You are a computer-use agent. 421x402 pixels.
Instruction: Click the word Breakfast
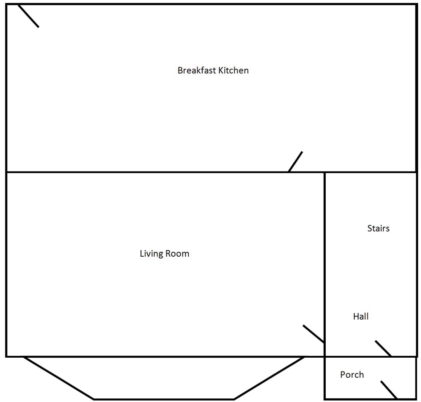pyautogui.click(x=197, y=70)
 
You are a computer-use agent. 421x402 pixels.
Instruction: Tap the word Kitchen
pyautogui.click(x=234, y=70)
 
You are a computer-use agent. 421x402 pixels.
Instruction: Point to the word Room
pyautogui.click(x=177, y=254)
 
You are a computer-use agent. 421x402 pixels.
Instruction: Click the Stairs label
pyautogui.click(x=378, y=228)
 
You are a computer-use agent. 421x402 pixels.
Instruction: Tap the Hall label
pyautogui.click(x=361, y=316)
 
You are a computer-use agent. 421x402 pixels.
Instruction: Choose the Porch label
pyautogui.click(x=352, y=375)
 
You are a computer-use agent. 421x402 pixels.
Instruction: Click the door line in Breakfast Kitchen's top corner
pyautogui.click(x=28, y=16)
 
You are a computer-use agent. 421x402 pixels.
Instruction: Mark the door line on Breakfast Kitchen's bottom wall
pyautogui.click(x=295, y=161)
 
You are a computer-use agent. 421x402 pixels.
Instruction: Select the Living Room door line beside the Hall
pyautogui.click(x=314, y=334)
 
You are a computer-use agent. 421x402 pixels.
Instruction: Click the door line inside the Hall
pyautogui.click(x=383, y=348)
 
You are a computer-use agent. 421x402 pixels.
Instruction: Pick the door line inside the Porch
pyautogui.click(x=389, y=390)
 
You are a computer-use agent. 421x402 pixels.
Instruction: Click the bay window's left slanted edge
pyautogui.click(x=59, y=378)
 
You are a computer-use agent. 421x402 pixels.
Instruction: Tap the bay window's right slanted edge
pyautogui.click(x=269, y=378)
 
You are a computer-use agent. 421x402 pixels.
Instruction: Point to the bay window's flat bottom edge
pyautogui.click(x=164, y=399)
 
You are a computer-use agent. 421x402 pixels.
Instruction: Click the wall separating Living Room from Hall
pyautogui.click(x=325, y=264)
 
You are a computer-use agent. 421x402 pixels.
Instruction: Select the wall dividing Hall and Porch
pyautogui.click(x=370, y=357)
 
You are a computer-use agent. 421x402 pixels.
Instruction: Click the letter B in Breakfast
pyautogui.click(x=180, y=70)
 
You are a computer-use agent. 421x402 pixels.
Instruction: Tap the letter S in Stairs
pyautogui.click(x=370, y=228)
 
